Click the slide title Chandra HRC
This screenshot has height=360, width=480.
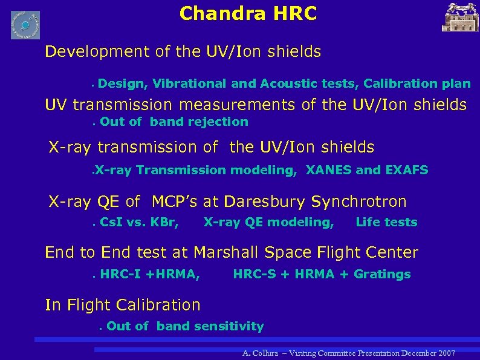click(x=248, y=13)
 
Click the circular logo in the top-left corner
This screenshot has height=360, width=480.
click(x=25, y=25)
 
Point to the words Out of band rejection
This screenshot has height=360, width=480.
click(x=174, y=122)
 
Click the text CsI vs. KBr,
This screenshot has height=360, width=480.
click(x=139, y=222)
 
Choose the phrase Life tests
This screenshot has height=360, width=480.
click(x=386, y=222)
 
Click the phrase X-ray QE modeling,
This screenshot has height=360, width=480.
click(x=268, y=222)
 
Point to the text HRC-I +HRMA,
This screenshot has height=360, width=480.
click(x=150, y=274)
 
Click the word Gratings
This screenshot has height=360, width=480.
click(x=382, y=274)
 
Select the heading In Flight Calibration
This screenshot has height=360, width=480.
click(x=123, y=305)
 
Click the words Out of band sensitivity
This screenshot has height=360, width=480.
click(x=185, y=326)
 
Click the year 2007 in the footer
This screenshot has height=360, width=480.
click(x=446, y=353)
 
